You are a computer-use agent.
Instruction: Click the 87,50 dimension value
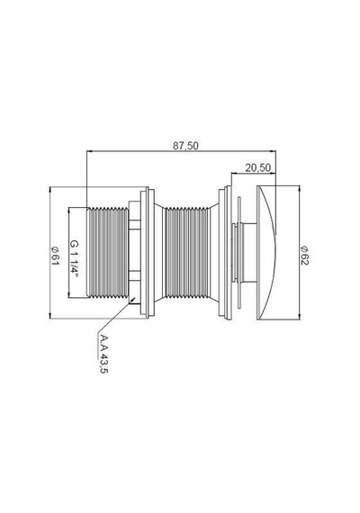pos(185,146)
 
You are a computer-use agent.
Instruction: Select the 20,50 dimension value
pos(258,167)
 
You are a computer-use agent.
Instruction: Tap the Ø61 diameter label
pos(55,256)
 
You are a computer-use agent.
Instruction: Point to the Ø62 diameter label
pos(304,256)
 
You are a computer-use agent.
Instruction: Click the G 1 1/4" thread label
pos(75,258)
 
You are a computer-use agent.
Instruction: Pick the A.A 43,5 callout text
pos(103,354)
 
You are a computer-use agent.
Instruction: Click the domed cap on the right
pos(266,252)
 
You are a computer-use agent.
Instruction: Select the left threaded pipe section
pos(108,252)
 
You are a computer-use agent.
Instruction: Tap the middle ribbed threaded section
pos(186,252)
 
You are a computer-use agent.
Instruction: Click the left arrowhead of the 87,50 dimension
pos(89,151)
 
